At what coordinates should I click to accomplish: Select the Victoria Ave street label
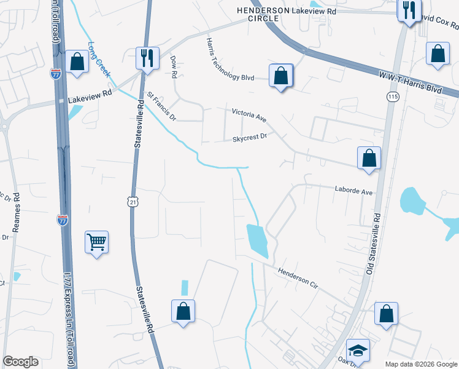249,114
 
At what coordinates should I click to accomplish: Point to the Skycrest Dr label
250,138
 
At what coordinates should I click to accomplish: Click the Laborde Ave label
353,192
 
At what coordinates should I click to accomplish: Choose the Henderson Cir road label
300,277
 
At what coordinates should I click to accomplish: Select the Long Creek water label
99,60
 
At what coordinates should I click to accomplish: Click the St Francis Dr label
161,106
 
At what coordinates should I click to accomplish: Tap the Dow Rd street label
174,66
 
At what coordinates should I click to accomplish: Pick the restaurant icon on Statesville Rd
147,58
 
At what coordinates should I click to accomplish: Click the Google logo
20,362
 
